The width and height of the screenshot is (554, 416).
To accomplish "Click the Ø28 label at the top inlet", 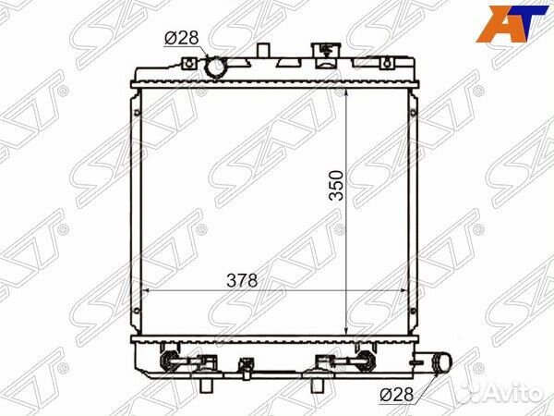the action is [x=182, y=38].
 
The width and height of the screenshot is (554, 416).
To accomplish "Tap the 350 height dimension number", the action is [x=336, y=186].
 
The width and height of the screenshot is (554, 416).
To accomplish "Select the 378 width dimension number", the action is [x=242, y=280].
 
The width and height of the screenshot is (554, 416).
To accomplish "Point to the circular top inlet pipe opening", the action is [x=215, y=68].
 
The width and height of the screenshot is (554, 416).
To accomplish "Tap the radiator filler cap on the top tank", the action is [x=325, y=55].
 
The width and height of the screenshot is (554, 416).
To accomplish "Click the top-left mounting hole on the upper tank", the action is [x=189, y=64].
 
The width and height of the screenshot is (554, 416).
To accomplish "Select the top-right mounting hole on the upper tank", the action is [x=387, y=64].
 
